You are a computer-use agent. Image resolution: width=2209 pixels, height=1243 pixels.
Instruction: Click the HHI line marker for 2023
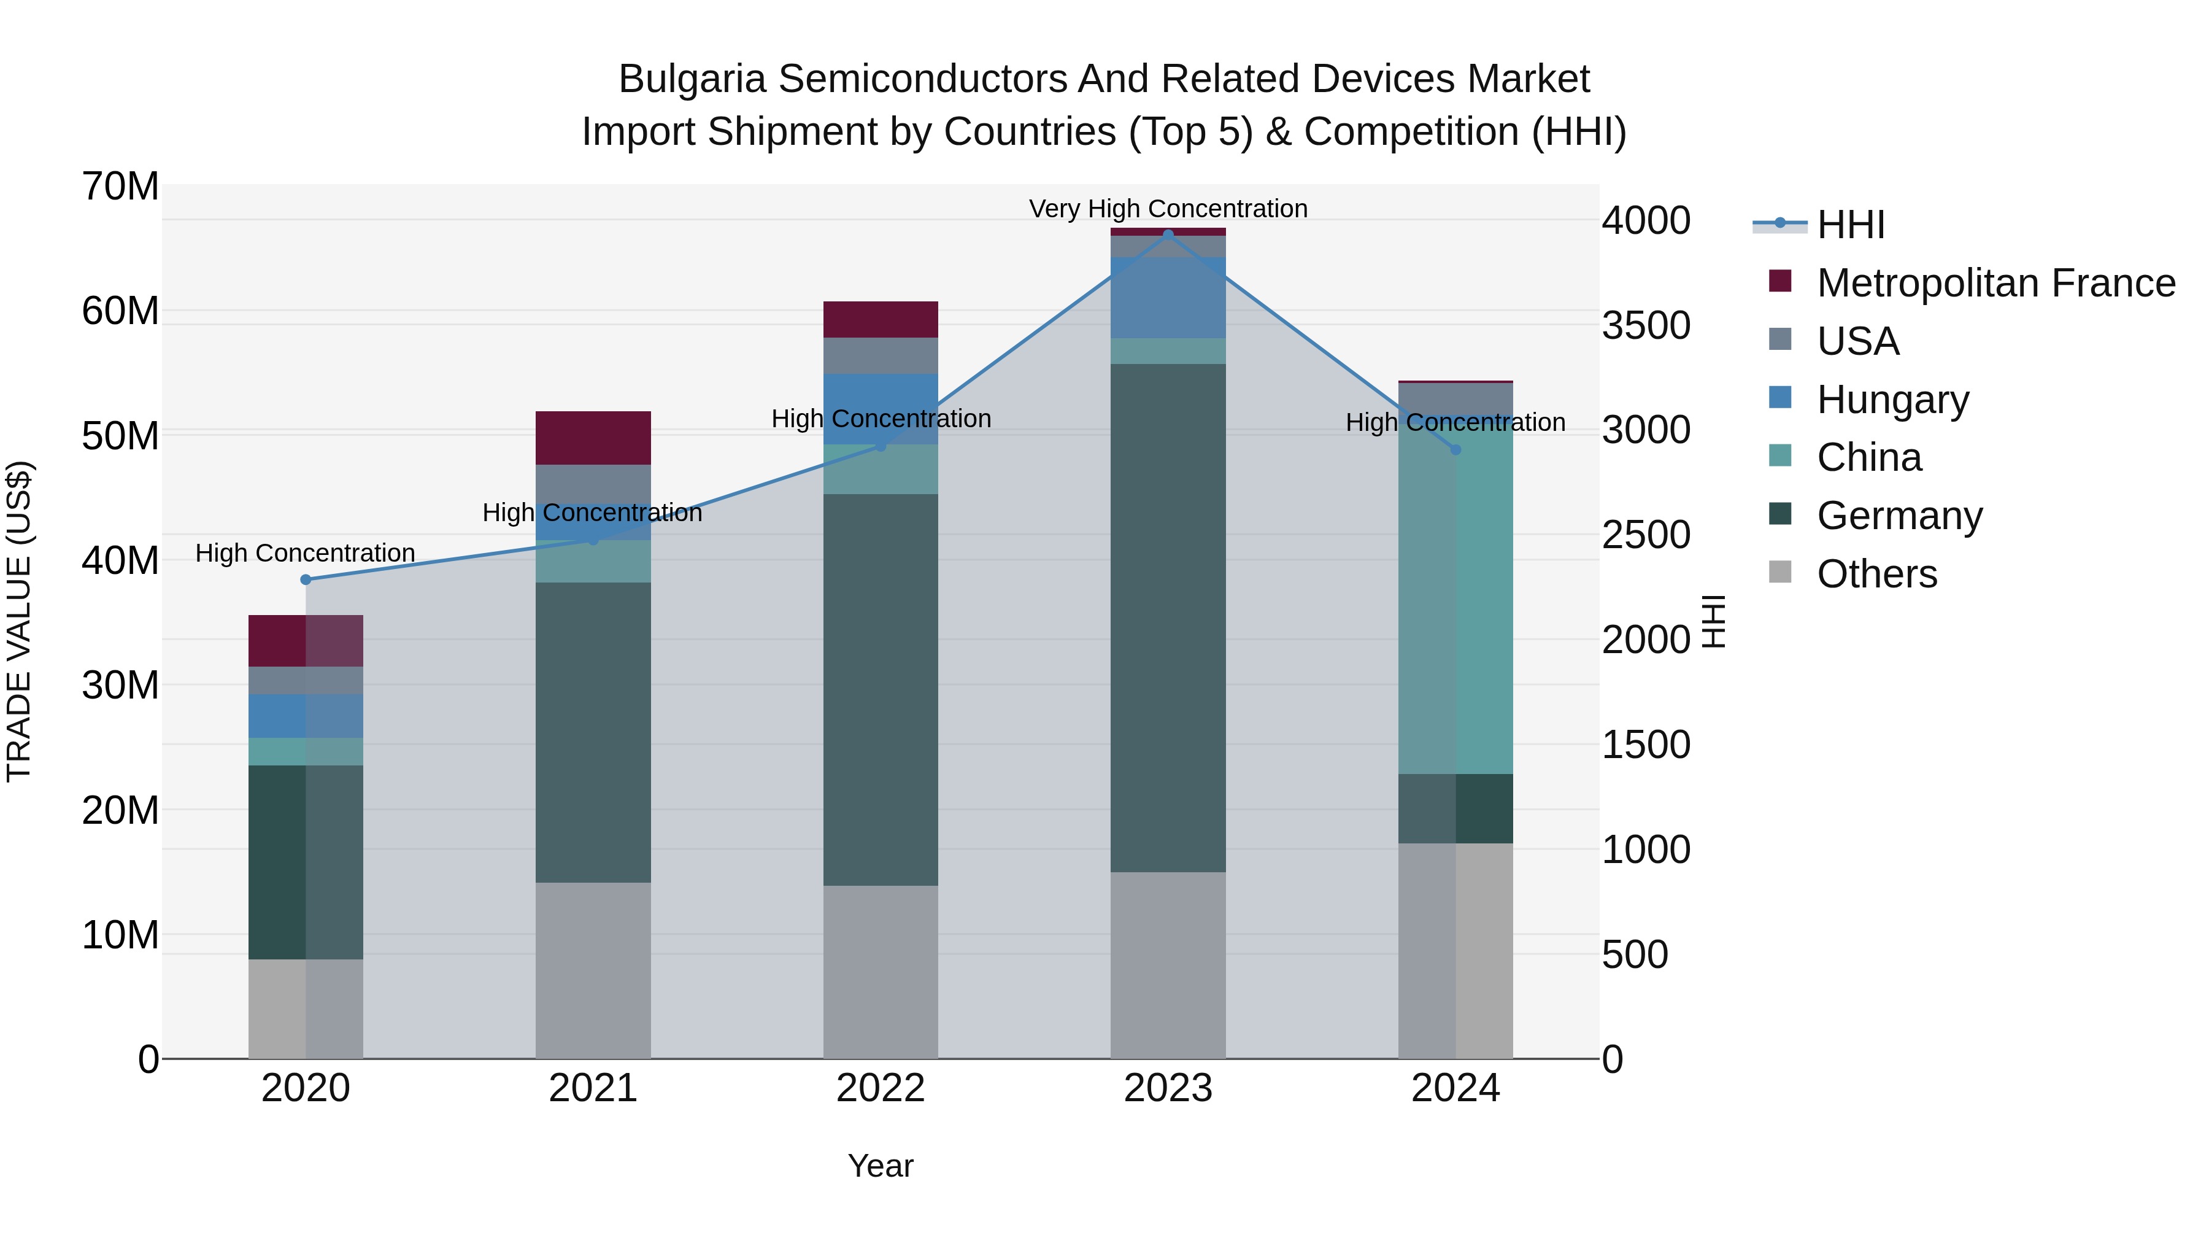pos(1168,235)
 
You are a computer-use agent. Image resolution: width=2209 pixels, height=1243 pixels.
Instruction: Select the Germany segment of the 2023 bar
pos(1168,618)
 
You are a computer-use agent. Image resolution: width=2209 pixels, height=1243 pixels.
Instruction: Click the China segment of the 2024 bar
pos(1455,600)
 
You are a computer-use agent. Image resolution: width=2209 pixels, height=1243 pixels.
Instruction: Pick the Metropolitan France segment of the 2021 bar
pos(593,438)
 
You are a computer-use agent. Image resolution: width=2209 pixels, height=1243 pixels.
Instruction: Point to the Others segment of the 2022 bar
pos(880,972)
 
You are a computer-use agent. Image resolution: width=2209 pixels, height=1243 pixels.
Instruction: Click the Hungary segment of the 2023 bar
pos(1168,298)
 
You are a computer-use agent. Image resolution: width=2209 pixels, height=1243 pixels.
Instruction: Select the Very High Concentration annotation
pos(1168,209)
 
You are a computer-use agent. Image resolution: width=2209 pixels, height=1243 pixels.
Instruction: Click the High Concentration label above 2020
pos(306,553)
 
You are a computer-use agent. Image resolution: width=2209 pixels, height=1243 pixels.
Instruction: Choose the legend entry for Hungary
pos(1892,400)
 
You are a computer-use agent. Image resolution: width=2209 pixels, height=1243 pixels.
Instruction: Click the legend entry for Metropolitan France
pos(1995,283)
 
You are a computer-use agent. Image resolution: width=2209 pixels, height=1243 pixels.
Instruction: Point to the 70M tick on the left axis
pos(120,186)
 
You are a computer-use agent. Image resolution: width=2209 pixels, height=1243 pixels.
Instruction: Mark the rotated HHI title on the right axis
pos(1713,621)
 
